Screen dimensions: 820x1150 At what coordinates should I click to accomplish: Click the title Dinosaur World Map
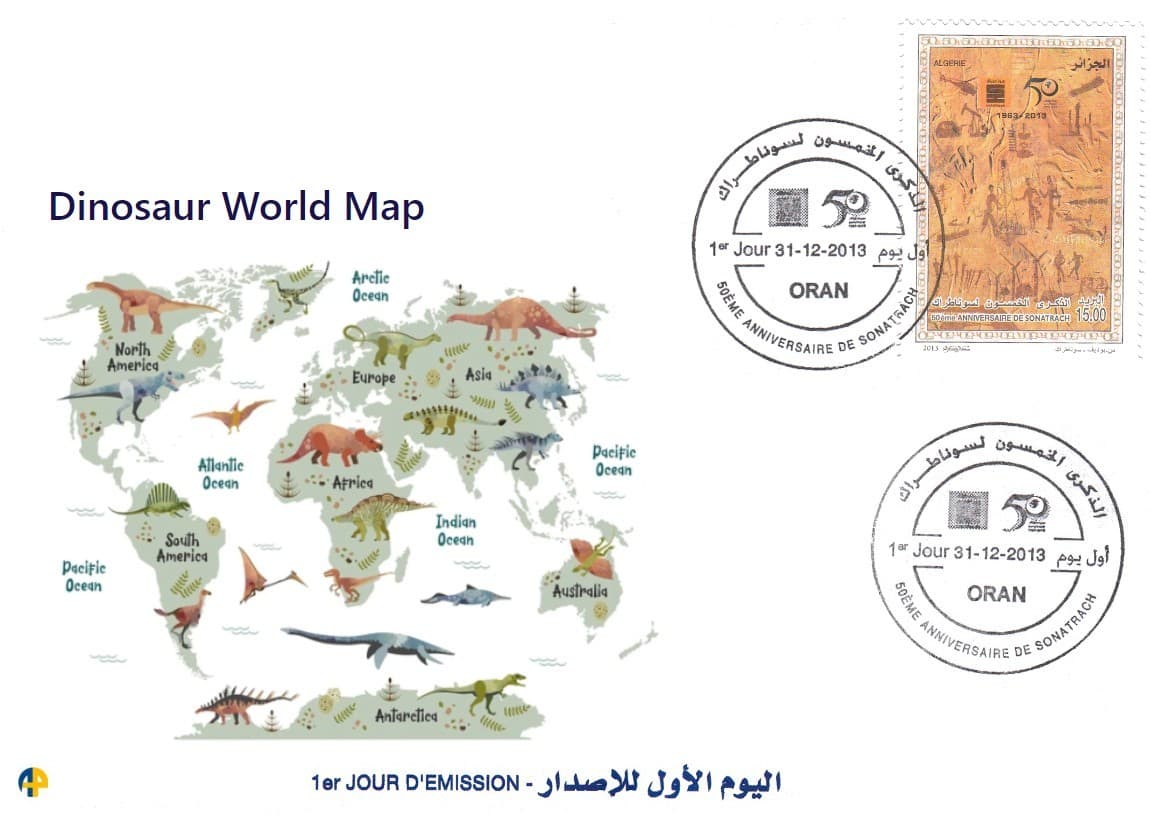[x=236, y=207]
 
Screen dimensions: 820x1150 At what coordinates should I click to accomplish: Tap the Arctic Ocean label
[x=370, y=287]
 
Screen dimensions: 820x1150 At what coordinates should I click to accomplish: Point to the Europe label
[x=373, y=378]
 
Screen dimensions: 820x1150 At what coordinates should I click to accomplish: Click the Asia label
[x=478, y=375]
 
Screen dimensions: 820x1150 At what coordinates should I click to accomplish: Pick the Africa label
[x=352, y=483]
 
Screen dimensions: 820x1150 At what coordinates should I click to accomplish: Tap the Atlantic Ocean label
[x=220, y=474]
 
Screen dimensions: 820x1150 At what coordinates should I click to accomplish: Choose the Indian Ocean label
[x=455, y=530]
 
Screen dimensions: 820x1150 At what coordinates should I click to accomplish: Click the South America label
[x=182, y=548]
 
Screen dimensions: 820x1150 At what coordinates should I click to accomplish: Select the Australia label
[x=580, y=591]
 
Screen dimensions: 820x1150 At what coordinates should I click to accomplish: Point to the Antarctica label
[x=406, y=716]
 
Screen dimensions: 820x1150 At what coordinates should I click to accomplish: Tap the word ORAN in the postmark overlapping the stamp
[x=818, y=291]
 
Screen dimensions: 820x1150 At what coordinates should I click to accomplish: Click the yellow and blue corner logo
[x=33, y=781]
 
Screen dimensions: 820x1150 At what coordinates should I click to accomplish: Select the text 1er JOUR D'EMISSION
[x=413, y=780]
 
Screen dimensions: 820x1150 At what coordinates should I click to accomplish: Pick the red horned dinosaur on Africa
[x=330, y=444]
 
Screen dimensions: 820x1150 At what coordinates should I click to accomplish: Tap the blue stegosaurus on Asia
[x=540, y=384]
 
